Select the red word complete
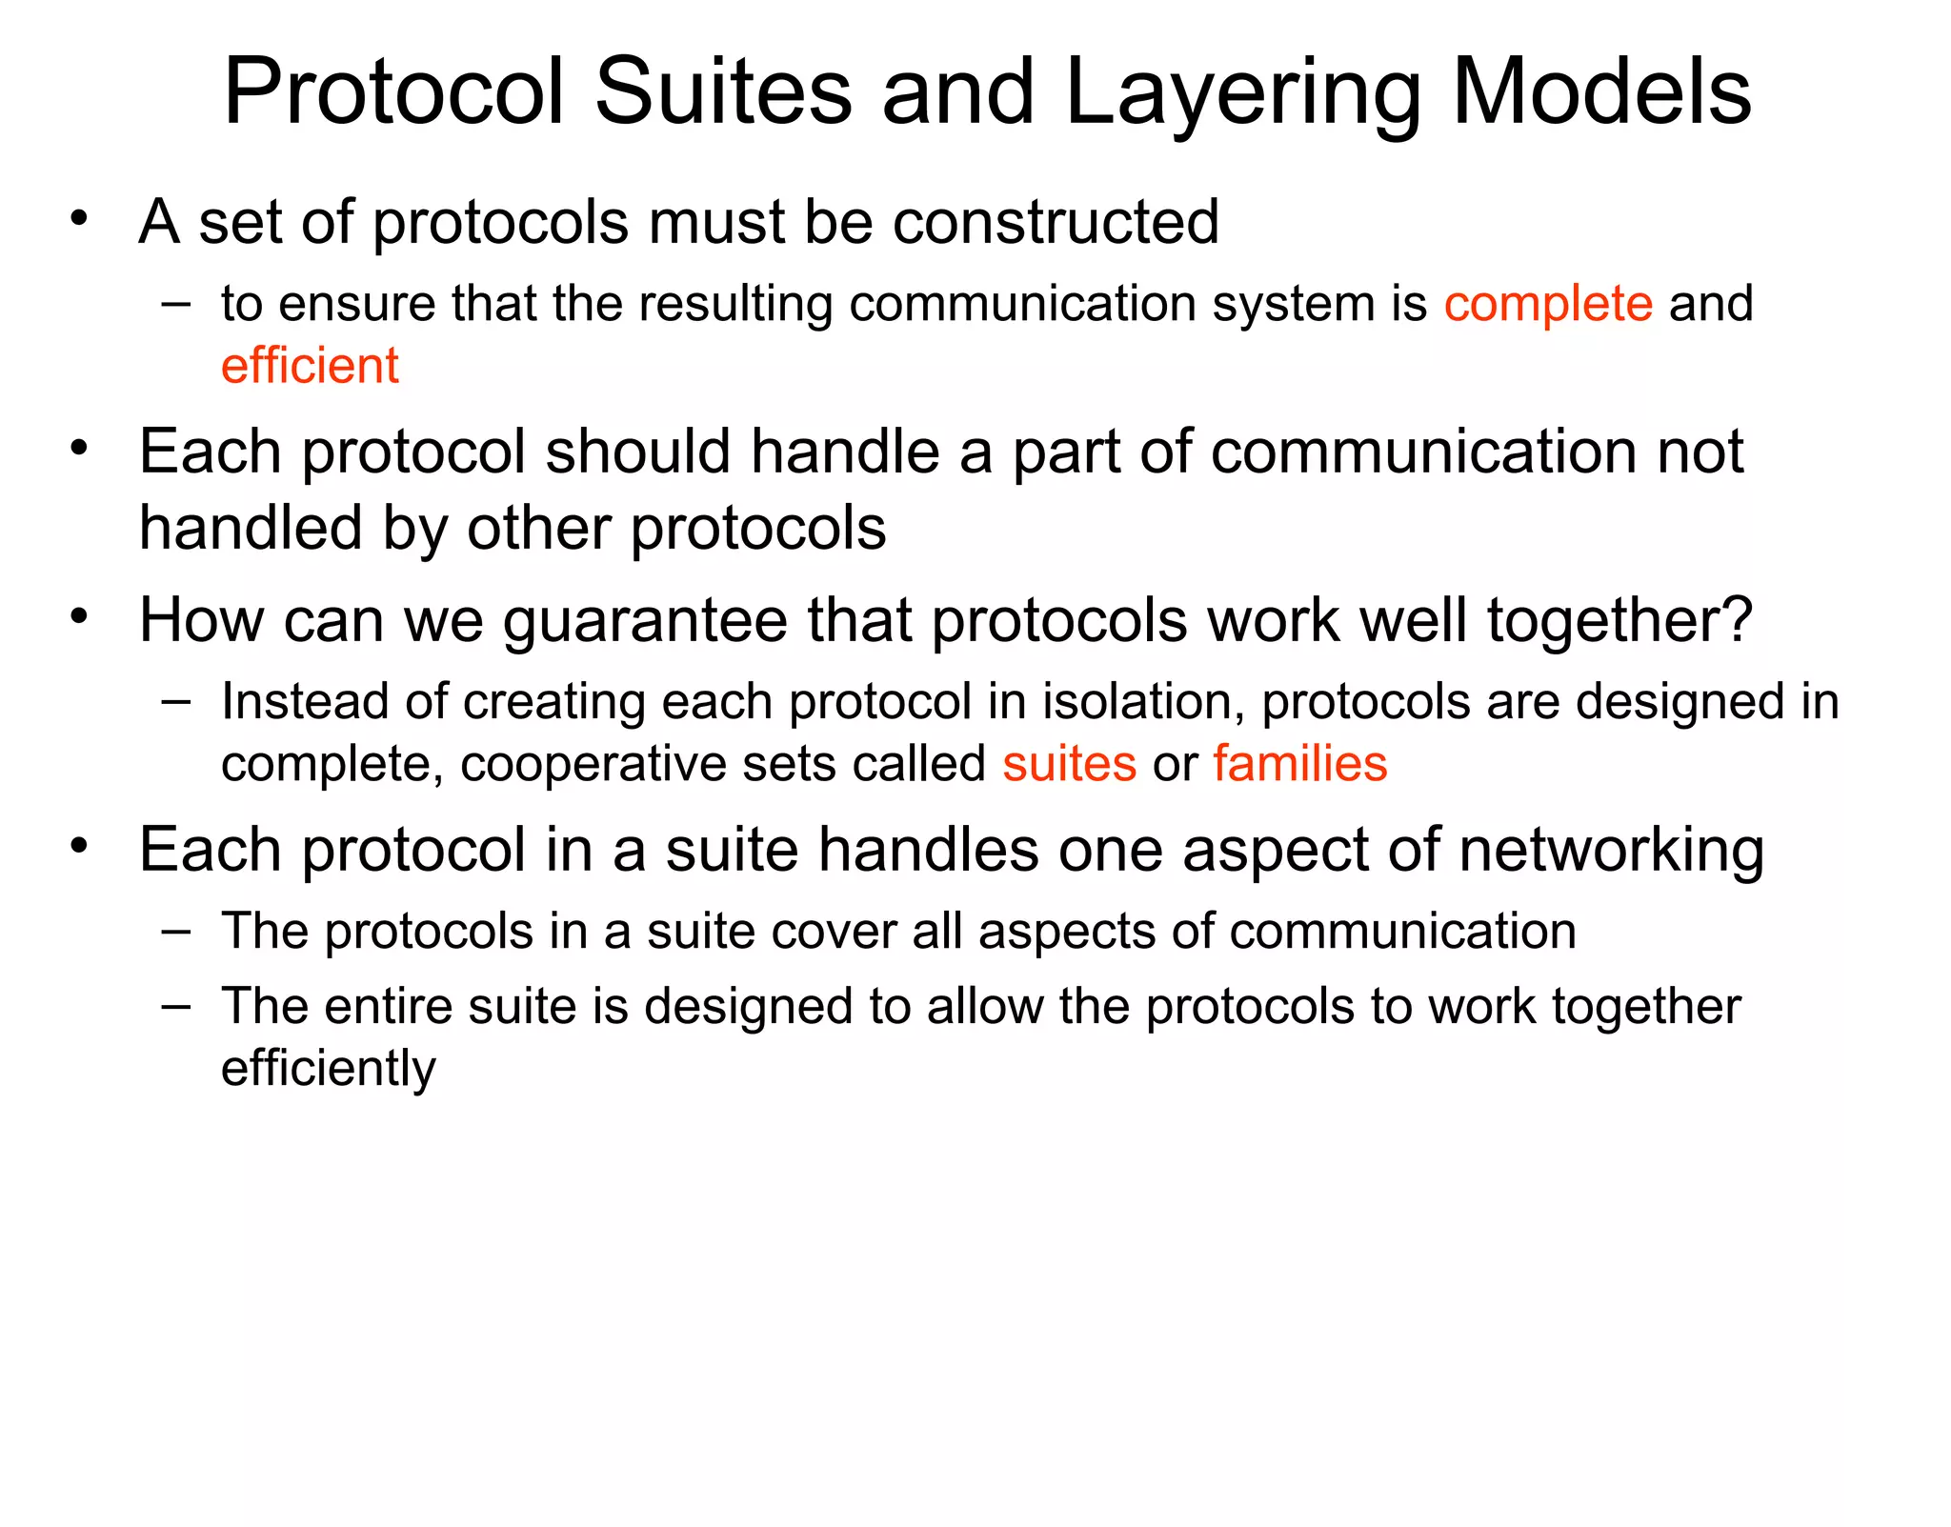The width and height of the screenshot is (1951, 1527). coord(1548,304)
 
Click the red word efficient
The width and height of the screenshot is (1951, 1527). coord(310,366)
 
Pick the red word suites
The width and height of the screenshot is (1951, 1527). coord(1069,764)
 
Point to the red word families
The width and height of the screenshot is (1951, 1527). coord(1299,764)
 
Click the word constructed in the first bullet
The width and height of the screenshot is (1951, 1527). coord(1056,222)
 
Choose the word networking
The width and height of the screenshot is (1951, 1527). coord(1611,850)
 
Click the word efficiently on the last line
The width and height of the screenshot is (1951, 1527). coord(328,1069)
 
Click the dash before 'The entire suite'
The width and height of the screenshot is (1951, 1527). coord(176,1006)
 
